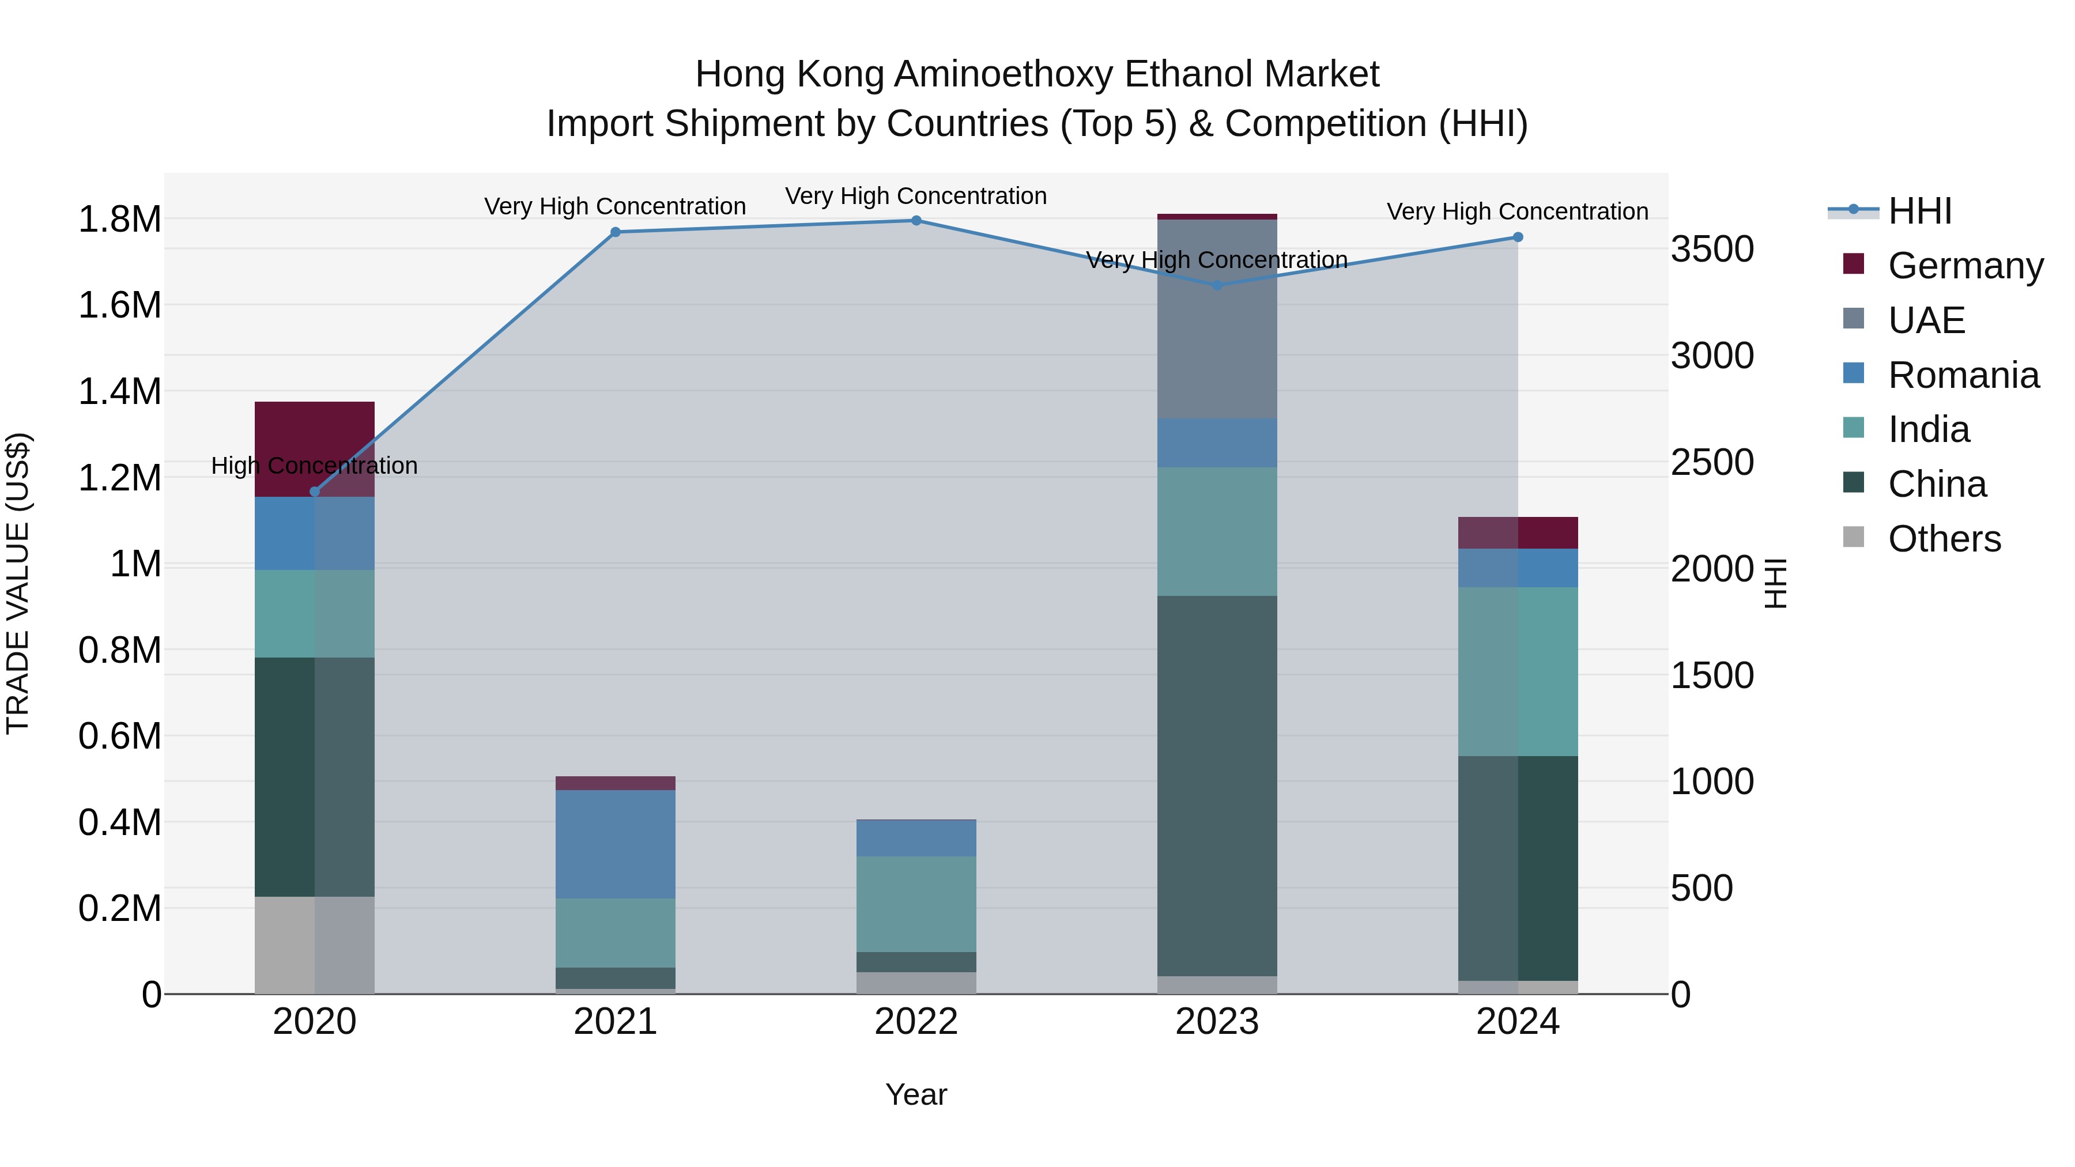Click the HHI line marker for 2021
(x=616, y=232)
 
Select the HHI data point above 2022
(x=916, y=221)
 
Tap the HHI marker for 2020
(x=315, y=491)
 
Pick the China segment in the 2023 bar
(x=1217, y=785)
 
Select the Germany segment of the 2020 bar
(x=315, y=448)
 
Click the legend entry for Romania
(x=1963, y=375)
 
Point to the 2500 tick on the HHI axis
(x=1712, y=462)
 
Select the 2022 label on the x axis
(x=916, y=1021)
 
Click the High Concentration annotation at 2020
(x=315, y=466)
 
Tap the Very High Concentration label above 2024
(x=1517, y=212)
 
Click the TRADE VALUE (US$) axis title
(x=18, y=583)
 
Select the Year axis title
(x=916, y=1094)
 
